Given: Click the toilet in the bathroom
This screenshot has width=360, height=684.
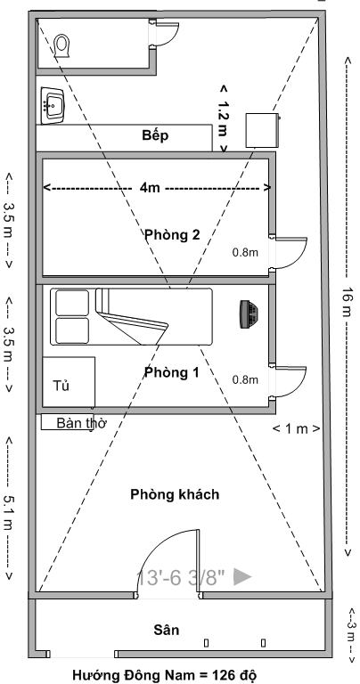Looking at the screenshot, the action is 62,45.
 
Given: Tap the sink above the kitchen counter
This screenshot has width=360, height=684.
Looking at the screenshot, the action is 53,106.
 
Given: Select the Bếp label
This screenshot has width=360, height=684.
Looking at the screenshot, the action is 155,135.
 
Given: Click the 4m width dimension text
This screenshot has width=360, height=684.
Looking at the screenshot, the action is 150,188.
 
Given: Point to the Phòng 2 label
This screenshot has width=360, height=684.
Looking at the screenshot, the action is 172,235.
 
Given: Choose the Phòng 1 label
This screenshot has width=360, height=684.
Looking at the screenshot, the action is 171,372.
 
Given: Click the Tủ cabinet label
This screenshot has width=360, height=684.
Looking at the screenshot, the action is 61,385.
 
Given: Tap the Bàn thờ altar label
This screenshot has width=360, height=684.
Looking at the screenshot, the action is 82,423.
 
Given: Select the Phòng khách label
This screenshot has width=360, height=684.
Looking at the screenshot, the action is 175,494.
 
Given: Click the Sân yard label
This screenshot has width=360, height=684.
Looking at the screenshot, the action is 167,630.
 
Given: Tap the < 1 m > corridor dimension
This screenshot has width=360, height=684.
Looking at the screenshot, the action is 297,428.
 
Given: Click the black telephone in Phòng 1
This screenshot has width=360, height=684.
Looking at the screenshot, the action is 249,313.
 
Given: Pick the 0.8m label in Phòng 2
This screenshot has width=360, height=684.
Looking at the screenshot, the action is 245,252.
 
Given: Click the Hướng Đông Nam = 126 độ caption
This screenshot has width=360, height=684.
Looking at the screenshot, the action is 163,675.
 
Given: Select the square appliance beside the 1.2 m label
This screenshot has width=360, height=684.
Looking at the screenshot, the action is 262,130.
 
